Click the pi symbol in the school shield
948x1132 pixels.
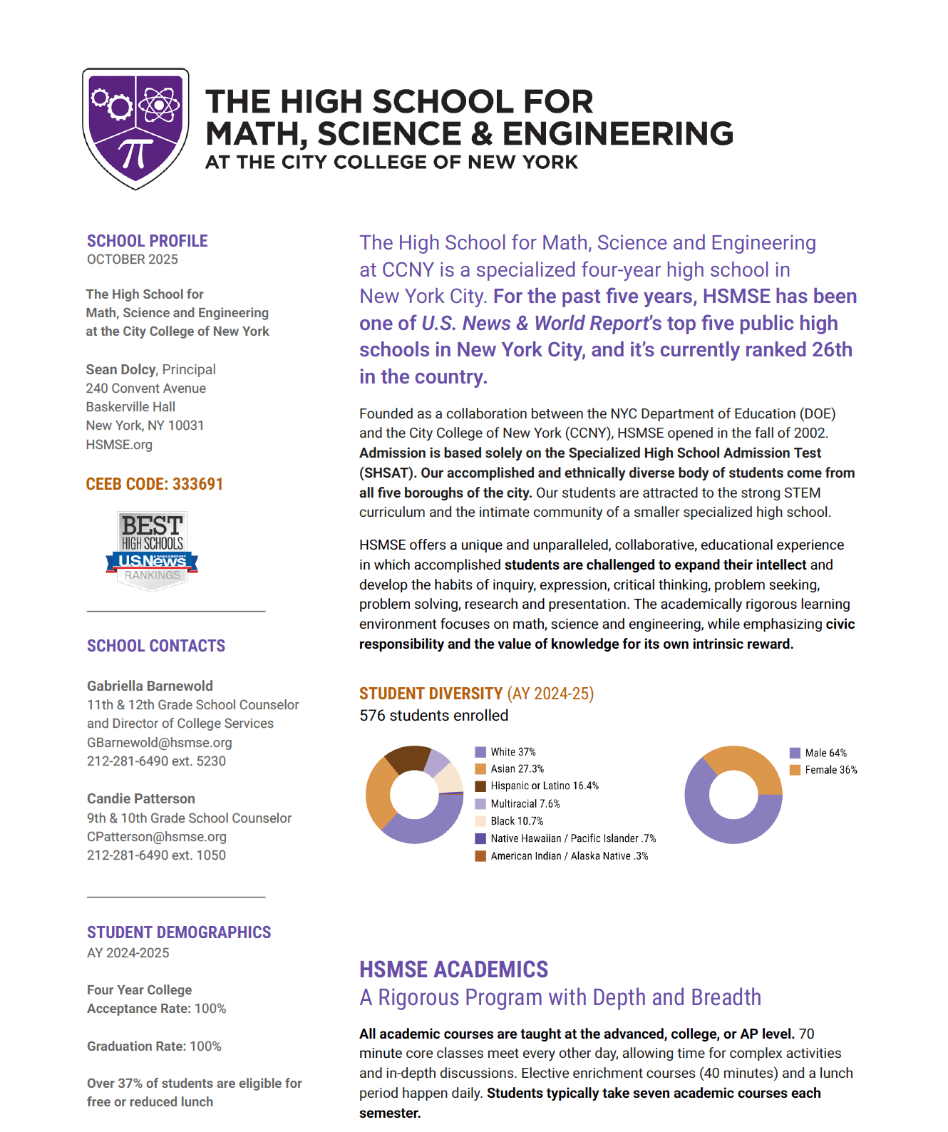pos(135,153)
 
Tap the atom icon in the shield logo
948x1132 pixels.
pos(159,106)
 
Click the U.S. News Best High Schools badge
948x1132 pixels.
pos(152,550)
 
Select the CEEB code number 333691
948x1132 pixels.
pos(197,484)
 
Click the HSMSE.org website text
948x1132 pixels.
pos(119,444)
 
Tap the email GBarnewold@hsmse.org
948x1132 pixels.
pos(160,742)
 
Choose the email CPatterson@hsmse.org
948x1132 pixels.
pos(157,836)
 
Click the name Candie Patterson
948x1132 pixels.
pos(141,798)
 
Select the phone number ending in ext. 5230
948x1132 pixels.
pos(156,761)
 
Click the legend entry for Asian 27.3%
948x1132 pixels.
pos(516,768)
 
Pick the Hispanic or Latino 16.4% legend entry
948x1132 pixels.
pos(544,786)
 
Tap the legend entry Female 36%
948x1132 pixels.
pos(830,770)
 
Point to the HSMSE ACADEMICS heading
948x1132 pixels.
pos(453,969)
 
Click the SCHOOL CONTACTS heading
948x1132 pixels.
pos(156,646)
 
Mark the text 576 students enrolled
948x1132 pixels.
pos(433,715)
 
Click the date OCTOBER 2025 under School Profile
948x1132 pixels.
pos(133,259)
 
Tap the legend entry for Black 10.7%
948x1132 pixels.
pos(516,821)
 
